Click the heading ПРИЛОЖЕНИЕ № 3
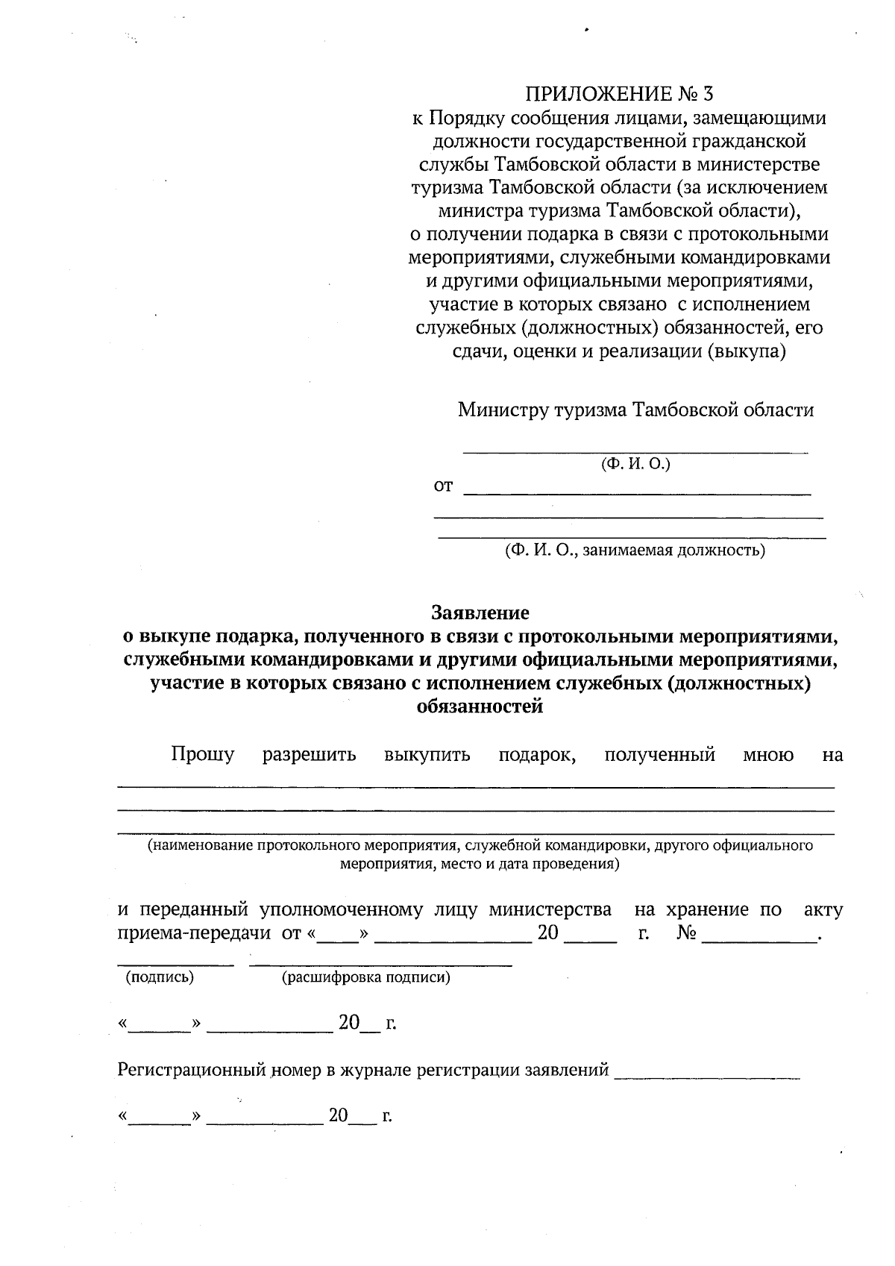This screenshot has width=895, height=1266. point(620,94)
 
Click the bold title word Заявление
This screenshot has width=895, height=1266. point(480,613)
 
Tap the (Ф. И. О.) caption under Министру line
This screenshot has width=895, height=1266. point(636,464)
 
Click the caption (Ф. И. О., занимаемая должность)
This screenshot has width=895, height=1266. point(635,551)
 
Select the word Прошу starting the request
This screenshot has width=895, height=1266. point(203,755)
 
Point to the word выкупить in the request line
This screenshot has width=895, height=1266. point(427,755)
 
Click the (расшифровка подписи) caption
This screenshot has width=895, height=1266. point(365,977)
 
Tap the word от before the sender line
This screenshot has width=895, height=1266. point(443,486)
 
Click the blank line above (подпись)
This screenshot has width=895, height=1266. point(176,965)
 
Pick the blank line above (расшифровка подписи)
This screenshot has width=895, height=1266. point(380,965)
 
